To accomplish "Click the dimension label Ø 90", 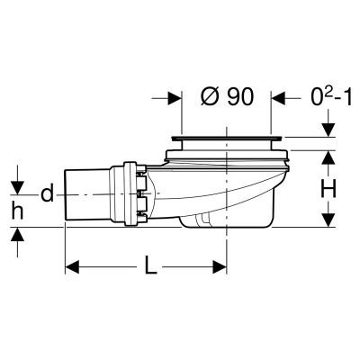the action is tap(227, 96).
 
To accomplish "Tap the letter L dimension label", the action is tap(150, 265).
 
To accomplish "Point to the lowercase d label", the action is tap(47, 193).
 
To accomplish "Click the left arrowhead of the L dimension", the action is tap(72, 267).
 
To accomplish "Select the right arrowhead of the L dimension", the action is tap(220, 267).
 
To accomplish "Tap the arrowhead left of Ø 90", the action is tap(175, 98).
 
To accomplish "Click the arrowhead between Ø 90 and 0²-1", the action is tap(278, 98).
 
